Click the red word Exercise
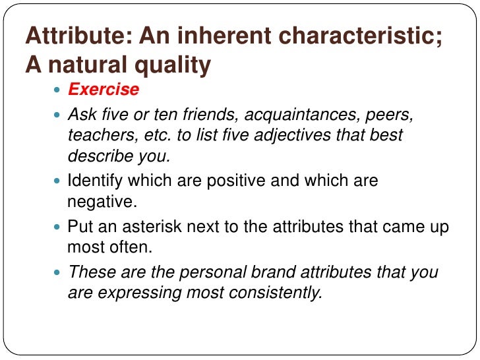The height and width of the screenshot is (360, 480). [104, 89]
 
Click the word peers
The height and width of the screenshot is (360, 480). [392, 115]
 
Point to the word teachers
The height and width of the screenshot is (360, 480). [94, 136]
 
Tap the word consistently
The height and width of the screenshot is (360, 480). [277, 292]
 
